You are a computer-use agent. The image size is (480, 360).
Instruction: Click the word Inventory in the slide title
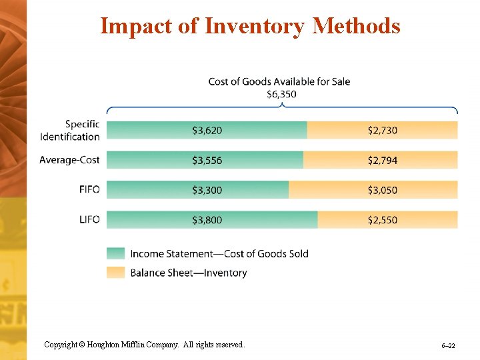[255, 26]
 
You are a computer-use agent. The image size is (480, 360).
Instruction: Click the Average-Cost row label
[69, 160]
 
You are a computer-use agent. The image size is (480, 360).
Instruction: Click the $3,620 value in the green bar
[207, 131]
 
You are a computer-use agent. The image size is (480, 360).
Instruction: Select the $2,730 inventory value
[382, 131]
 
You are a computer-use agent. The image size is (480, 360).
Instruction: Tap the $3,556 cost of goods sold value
[207, 161]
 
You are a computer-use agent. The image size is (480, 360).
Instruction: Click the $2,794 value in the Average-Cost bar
[382, 161]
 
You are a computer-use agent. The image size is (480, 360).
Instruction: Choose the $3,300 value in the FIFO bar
[207, 191]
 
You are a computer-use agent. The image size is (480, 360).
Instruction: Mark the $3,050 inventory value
[382, 191]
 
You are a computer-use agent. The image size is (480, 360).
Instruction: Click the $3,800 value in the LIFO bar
[207, 220]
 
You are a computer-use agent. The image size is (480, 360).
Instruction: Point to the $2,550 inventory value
[382, 220]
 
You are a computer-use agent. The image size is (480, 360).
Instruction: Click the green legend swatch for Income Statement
[115, 253]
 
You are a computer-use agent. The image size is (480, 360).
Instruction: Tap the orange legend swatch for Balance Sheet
[115, 272]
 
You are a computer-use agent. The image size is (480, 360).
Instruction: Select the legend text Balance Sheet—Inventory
[188, 273]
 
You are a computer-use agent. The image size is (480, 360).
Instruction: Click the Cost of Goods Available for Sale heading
[279, 81]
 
